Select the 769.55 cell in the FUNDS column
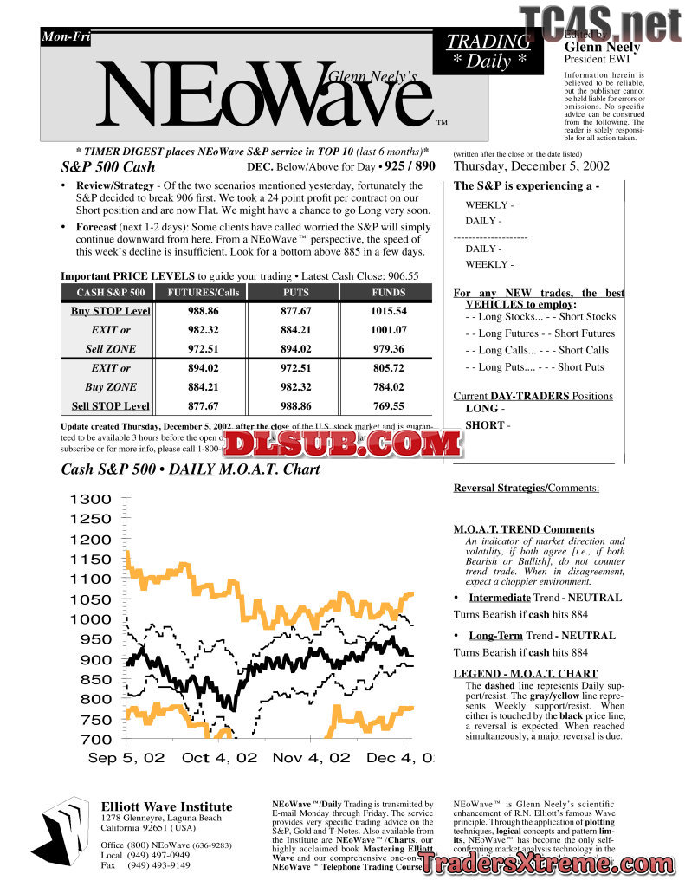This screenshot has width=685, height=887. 388,405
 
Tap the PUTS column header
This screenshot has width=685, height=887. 295,292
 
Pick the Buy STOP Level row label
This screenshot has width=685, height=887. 110,311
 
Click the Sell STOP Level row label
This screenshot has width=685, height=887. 110,405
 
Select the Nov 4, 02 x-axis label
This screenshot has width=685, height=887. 311,758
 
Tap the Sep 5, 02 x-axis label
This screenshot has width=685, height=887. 126,758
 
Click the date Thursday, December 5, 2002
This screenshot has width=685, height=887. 531,166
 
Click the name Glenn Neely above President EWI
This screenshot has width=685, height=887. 602,48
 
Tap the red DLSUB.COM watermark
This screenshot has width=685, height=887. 344,443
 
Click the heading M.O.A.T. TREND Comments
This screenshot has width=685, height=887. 524,529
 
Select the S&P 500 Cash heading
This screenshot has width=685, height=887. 108,166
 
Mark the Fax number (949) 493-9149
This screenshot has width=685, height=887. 158,864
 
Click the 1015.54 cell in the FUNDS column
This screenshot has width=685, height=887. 388,310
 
